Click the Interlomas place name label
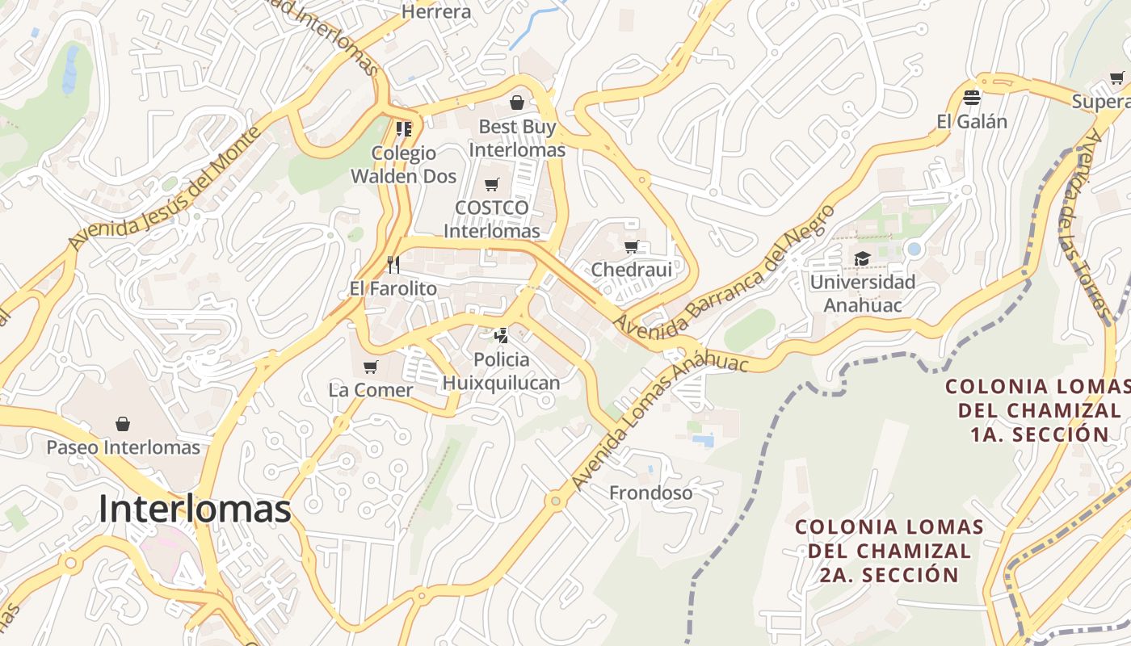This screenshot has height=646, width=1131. tap(195, 509)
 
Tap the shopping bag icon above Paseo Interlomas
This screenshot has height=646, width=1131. tap(123, 424)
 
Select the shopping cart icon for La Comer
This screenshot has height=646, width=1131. tap(371, 367)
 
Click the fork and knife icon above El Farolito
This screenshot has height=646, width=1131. tap(393, 265)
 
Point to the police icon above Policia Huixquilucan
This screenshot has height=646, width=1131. tap(502, 335)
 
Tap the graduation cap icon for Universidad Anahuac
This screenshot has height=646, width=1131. tap(862, 258)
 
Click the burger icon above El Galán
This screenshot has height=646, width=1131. tap(972, 98)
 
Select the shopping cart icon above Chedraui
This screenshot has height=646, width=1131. tap(632, 246)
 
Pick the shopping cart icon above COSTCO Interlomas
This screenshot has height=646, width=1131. tap(491, 184)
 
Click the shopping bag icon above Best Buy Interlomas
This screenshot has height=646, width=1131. tap(517, 103)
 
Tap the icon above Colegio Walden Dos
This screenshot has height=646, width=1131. tap(403, 129)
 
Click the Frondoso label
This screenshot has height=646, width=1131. tap(650, 493)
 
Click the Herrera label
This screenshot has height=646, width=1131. tap(436, 11)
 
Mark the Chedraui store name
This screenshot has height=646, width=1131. tap(632, 270)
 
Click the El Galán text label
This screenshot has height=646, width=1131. tap(972, 122)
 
